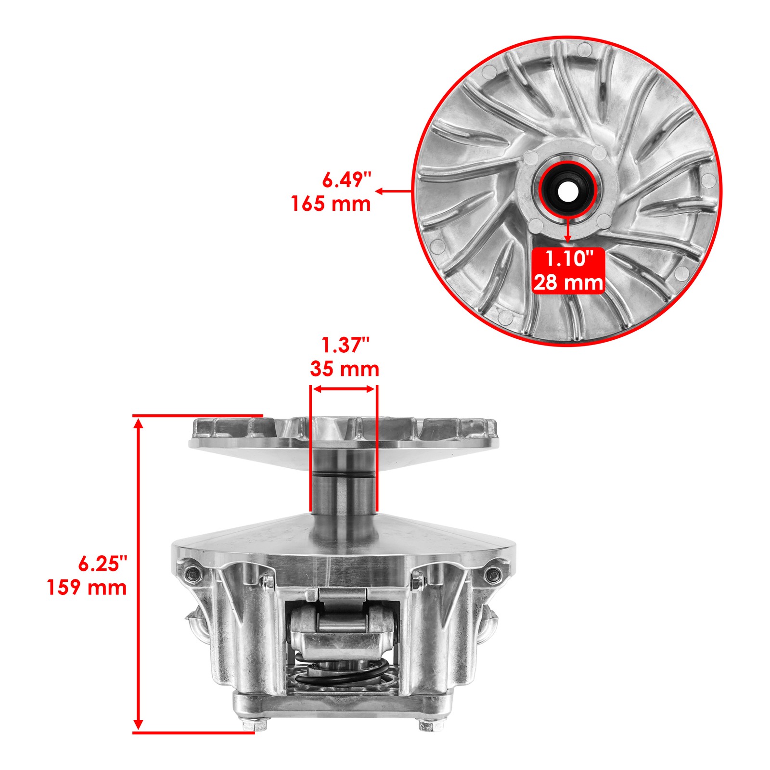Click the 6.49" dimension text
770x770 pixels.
tap(346, 180)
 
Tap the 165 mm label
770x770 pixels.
tap(331, 204)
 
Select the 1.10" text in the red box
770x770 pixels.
tap(568, 259)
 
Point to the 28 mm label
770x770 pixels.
tap(568, 282)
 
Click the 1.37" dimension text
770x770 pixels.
tap(345, 346)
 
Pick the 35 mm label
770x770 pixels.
tap(345, 369)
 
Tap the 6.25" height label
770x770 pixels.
tap(103, 564)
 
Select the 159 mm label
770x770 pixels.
tap(87, 588)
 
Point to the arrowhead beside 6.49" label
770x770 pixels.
tap(379, 191)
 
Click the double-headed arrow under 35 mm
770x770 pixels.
tap(343, 389)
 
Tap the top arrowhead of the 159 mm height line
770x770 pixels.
tap(139, 423)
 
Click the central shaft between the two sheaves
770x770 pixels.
tap(343, 486)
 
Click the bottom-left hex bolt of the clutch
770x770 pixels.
tap(249, 739)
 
